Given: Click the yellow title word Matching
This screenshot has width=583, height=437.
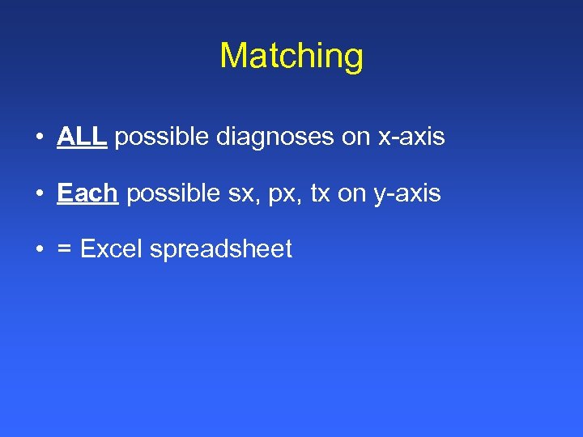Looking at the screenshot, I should pos(291,56).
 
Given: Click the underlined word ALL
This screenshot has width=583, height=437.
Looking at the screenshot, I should pos(82,137).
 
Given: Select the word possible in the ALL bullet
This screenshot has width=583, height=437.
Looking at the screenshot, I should pos(162,138).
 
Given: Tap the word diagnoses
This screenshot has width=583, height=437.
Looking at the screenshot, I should pos(275,138).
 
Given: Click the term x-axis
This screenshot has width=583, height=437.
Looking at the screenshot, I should pos(411,138).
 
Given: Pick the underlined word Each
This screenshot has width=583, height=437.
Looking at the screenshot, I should pos(87,193).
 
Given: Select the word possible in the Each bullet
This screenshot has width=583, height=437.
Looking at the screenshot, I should pos(173,194).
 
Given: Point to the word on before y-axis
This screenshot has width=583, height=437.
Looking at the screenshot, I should pos(352,194).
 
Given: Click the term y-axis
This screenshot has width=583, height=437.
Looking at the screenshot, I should pos(407,194).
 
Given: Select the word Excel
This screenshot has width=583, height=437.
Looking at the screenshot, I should pos(113,249).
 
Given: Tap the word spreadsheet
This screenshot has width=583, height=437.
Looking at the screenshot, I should pos(221,250).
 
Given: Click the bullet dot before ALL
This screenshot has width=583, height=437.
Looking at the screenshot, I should pos(39,138).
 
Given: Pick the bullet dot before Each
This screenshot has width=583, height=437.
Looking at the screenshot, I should pos(39,194).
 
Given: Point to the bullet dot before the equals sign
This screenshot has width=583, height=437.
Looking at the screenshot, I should pos(39,249).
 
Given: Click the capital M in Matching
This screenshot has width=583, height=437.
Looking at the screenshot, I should pos(233,56).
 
